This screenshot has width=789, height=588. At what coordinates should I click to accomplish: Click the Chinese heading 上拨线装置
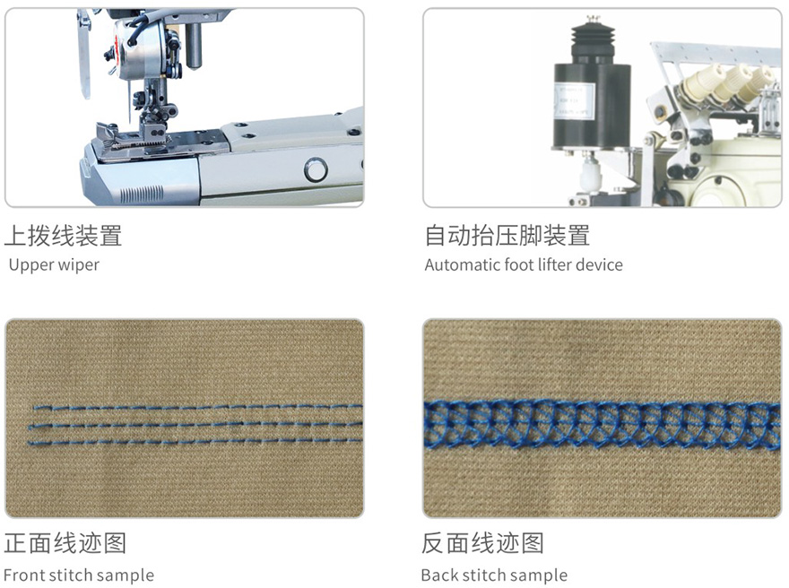pyautogui.click(x=64, y=236)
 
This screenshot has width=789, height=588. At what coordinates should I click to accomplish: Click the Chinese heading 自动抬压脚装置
pyautogui.click(x=507, y=236)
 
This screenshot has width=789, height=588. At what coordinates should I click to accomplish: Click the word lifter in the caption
pyautogui.click(x=553, y=264)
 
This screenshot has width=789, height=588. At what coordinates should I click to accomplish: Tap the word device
pyautogui.click(x=599, y=264)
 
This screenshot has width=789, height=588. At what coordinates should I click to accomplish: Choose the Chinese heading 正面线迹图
pyautogui.click(x=65, y=543)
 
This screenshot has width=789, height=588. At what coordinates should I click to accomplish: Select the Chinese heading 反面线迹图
pyautogui.click(x=482, y=543)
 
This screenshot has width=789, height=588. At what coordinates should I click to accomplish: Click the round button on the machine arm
pyautogui.click(x=316, y=170)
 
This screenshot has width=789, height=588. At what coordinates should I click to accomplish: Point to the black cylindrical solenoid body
pyautogui.click(x=592, y=106)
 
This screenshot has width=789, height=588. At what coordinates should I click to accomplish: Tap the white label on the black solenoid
pyautogui.click(x=574, y=101)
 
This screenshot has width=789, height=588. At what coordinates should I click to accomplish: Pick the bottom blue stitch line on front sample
pyautogui.click(x=195, y=442)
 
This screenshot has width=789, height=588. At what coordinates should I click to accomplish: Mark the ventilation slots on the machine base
pyautogui.click(x=142, y=194)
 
